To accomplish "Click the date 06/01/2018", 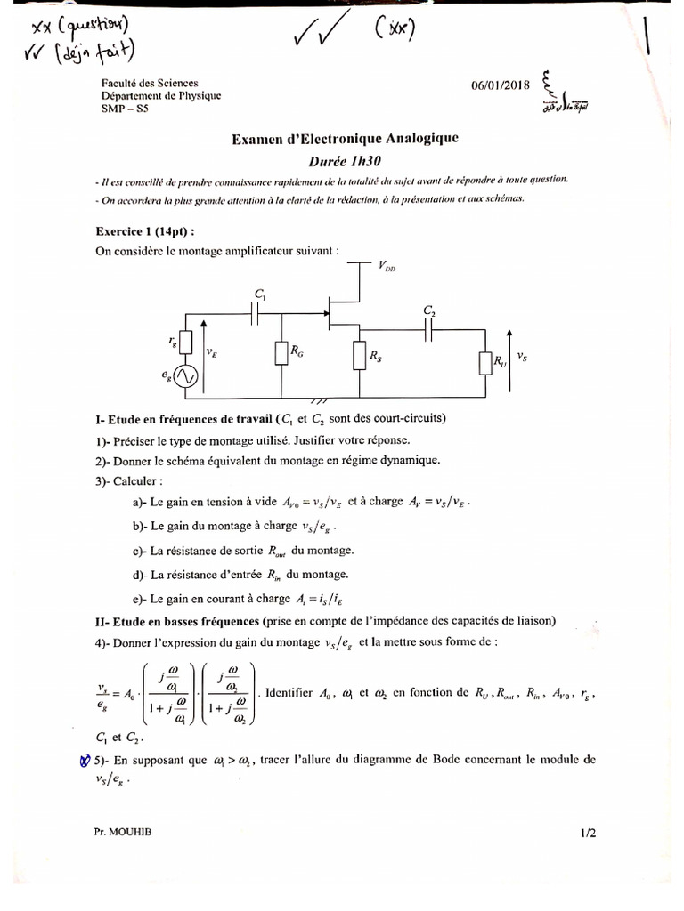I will pyautogui.click(x=501, y=85).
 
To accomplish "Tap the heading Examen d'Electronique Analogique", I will pyautogui.click(x=346, y=139).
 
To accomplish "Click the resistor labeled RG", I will pyautogui.click(x=281, y=354).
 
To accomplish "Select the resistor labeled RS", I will pyautogui.click(x=359, y=356).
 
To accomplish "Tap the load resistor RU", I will pyautogui.click(x=485, y=363).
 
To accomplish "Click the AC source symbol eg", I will pyautogui.click(x=185, y=377).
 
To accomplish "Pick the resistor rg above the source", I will pyautogui.click(x=185, y=342).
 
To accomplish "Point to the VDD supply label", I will pyautogui.click(x=387, y=266).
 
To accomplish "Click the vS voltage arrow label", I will pyautogui.click(x=522, y=357).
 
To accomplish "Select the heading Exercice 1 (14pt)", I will pyautogui.click(x=145, y=230).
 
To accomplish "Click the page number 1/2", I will pyautogui.click(x=587, y=834).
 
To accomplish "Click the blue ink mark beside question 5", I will pyautogui.click(x=85, y=759).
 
